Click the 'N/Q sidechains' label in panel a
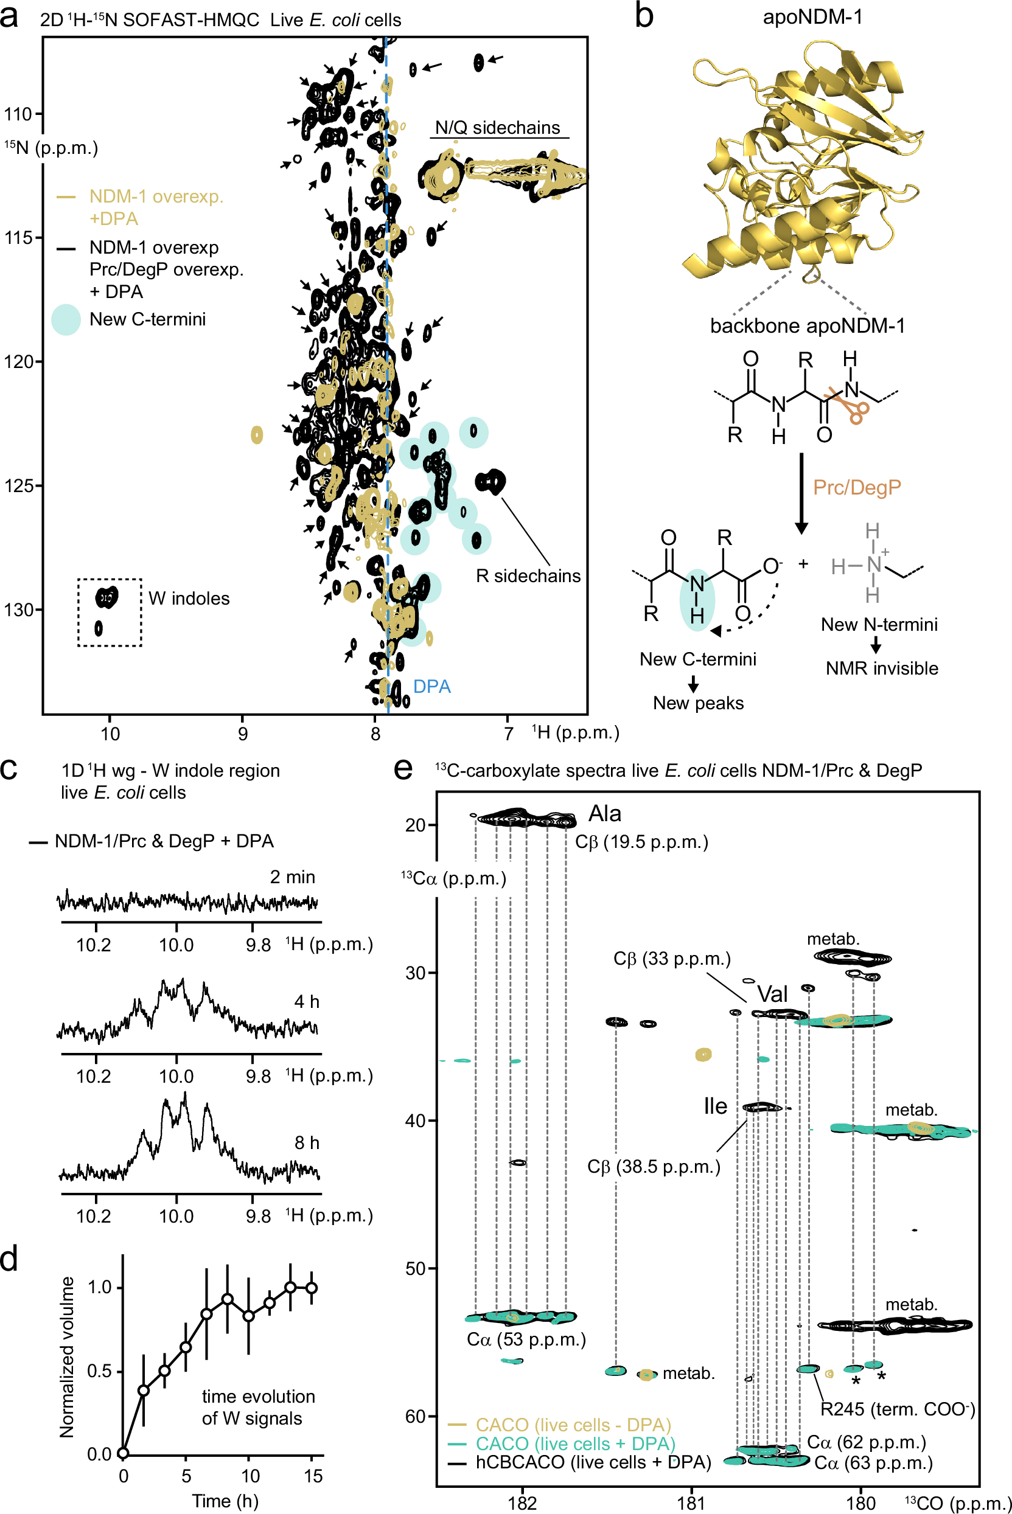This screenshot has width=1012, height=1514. pos(497,128)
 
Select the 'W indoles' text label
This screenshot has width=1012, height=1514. pos(189,598)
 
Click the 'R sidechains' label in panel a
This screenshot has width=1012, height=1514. pos(528,575)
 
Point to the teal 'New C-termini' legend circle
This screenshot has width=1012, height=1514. pos(66,319)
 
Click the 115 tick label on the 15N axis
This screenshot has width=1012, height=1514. pos(18,238)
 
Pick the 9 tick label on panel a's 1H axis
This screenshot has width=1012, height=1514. pos(243,734)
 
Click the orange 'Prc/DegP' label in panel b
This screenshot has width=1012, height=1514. pos(856,487)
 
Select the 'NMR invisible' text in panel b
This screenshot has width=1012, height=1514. pos(882,668)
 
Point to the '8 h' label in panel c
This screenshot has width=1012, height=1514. pos(307,1142)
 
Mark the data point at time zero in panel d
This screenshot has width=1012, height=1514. pos(124,1453)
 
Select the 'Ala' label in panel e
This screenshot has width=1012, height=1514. pos(604,813)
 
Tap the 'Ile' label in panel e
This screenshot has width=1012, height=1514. pos(715,1106)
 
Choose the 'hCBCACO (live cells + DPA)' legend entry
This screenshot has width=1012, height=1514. pos(593,1462)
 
